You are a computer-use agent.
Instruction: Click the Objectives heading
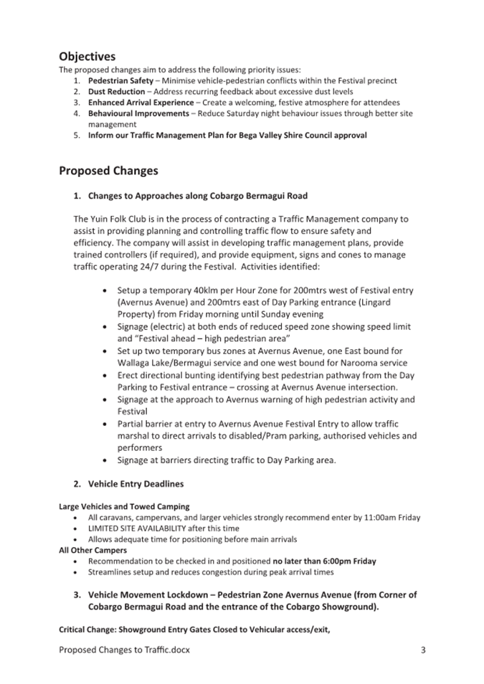(x=87, y=56)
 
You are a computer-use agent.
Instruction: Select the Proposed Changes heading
(x=108, y=171)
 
